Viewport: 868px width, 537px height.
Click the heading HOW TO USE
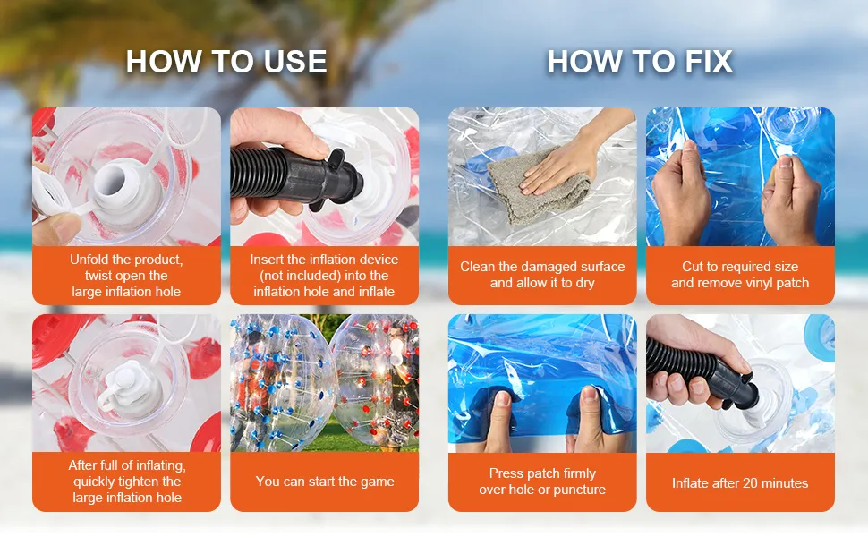(226, 61)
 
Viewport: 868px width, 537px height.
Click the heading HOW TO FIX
(640, 61)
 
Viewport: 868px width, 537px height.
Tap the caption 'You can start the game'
(325, 482)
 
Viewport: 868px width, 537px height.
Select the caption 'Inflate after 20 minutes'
(740, 483)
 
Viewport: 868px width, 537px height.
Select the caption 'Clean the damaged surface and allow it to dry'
(542, 275)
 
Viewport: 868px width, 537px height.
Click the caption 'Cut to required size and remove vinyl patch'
(740, 275)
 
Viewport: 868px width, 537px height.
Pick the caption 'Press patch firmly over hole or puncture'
(542, 482)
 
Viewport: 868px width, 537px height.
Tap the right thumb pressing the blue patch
(588, 418)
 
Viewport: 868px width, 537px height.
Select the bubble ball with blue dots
(277, 382)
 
